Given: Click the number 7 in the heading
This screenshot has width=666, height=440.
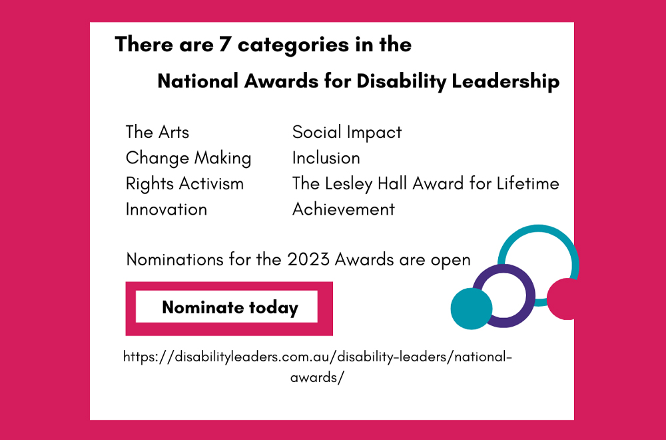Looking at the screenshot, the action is click(224, 45).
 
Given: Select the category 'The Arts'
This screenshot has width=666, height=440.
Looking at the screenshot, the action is click(157, 132).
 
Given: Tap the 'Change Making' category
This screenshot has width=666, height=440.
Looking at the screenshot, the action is click(188, 159).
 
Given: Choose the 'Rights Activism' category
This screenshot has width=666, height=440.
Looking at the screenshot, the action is click(184, 184).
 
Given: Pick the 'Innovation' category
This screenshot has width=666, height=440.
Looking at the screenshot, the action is click(166, 209).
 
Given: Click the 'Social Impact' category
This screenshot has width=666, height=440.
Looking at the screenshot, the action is click(347, 133).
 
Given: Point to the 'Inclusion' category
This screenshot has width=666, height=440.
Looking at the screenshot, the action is click(326, 158).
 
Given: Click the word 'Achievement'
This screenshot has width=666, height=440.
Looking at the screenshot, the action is click(344, 209).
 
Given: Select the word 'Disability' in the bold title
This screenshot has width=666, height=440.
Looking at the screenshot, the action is click(401, 81).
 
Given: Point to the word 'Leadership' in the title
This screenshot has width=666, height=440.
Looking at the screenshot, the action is click(505, 81).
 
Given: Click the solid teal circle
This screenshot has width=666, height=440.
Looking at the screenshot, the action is click(471, 309).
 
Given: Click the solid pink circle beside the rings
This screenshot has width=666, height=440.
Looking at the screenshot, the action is click(561, 299).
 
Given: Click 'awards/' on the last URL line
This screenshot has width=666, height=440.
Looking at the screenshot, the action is click(317, 377).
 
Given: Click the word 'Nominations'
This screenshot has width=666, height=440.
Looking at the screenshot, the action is click(174, 260).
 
